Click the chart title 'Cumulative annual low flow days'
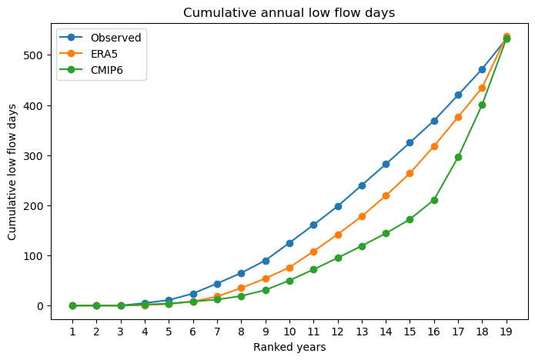(289, 12)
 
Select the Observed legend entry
(100, 38)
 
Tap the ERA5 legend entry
(89, 54)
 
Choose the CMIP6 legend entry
(91, 70)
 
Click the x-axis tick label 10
(289, 332)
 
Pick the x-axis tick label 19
(507, 332)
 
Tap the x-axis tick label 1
(72, 332)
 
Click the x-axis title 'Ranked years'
(289, 347)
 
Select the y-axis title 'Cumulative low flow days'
(12, 172)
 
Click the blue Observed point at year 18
(482, 69)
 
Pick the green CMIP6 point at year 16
(434, 200)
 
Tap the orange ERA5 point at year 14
(386, 195)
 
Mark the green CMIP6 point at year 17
(458, 157)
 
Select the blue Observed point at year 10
(289, 243)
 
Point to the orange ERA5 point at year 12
(338, 235)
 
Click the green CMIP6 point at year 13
(362, 246)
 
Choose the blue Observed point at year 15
(410, 142)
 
